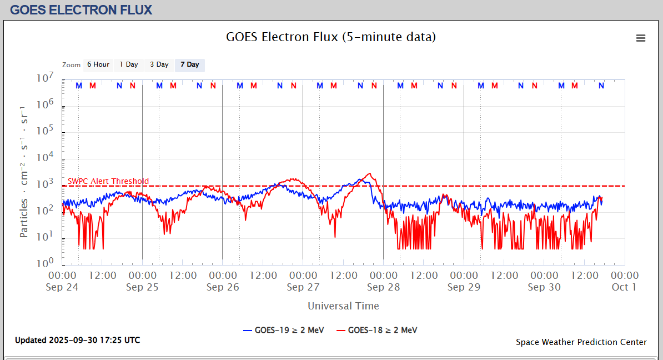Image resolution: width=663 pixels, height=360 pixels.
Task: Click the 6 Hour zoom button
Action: (x=98, y=65)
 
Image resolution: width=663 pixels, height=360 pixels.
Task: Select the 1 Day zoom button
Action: (x=129, y=65)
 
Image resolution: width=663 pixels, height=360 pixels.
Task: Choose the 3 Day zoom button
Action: (x=159, y=65)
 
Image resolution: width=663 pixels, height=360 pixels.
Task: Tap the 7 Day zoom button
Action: (x=190, y=65)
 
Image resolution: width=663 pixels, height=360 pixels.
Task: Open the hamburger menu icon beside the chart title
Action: (x=641, y=38)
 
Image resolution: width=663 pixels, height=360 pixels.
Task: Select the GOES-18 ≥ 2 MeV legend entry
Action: (x=377, y=330)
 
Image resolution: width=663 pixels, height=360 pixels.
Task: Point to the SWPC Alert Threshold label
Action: (x=108, y=181)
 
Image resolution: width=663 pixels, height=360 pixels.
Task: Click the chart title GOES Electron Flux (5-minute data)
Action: (x=331, y=37)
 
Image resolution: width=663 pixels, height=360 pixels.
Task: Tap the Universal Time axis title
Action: (x=343, y=306)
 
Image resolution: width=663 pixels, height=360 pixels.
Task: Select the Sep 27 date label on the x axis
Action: (x=303, y=287)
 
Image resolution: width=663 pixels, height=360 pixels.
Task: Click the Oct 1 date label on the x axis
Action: (x=624, y=287)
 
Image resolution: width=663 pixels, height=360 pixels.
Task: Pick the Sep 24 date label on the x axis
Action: (x=62, y=287)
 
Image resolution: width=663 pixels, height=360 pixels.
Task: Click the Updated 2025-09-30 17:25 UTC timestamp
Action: (x=78, y=340)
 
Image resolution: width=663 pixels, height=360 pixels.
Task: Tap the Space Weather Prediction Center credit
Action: (x=581, y=342)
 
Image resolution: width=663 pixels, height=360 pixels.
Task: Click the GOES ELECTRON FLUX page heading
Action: (x=81, y=10)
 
